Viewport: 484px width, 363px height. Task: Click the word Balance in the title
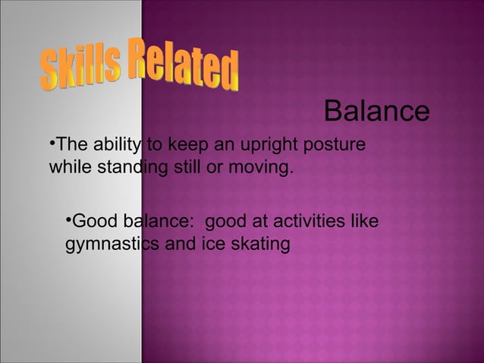click(x=376, y=112)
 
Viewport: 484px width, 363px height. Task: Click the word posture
click(x=335, y=144)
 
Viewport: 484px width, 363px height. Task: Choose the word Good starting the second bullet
click(x=92, y=223)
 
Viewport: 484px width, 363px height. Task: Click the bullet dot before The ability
click(x=52, y=142)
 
